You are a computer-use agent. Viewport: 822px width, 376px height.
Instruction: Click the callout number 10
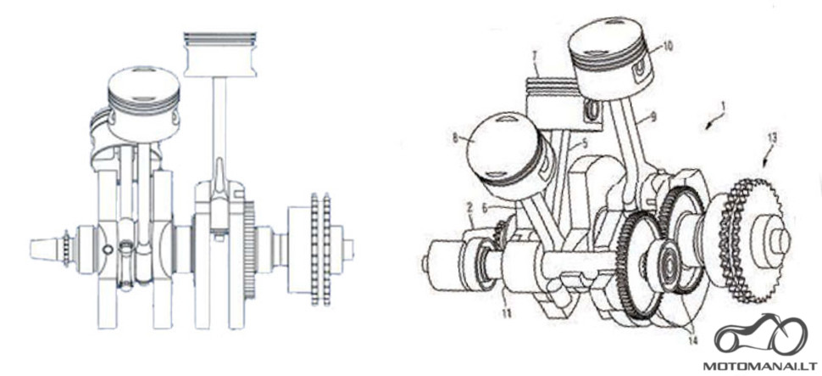pyautogui.click(x=667, y=47)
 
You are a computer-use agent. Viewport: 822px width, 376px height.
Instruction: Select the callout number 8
pyautogui.click(x=456, y=138)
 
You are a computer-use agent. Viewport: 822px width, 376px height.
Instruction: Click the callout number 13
pyautogui.click(x=772, y=139)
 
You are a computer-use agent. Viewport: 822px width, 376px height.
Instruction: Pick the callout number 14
pyautogui.click(x=693, y=341)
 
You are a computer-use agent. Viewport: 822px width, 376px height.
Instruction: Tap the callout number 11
pyautogui.click(x=506, y=314)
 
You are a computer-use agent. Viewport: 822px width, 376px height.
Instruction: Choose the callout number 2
pyautogui.click(x=471, y=209)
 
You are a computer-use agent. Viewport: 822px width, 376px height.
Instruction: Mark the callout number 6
pyautogui.click(x=485, y=208)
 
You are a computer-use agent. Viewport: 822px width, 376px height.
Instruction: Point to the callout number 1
pyautogui.click(x=723, y=107)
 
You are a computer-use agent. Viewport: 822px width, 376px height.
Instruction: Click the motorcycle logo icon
pyautogui.click(x=761, y=334)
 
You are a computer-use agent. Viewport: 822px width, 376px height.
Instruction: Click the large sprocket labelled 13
pyautogui.click(x=747, y=240)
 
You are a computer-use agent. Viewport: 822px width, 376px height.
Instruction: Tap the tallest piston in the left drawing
pyautogui.click(x=219, y=54)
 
